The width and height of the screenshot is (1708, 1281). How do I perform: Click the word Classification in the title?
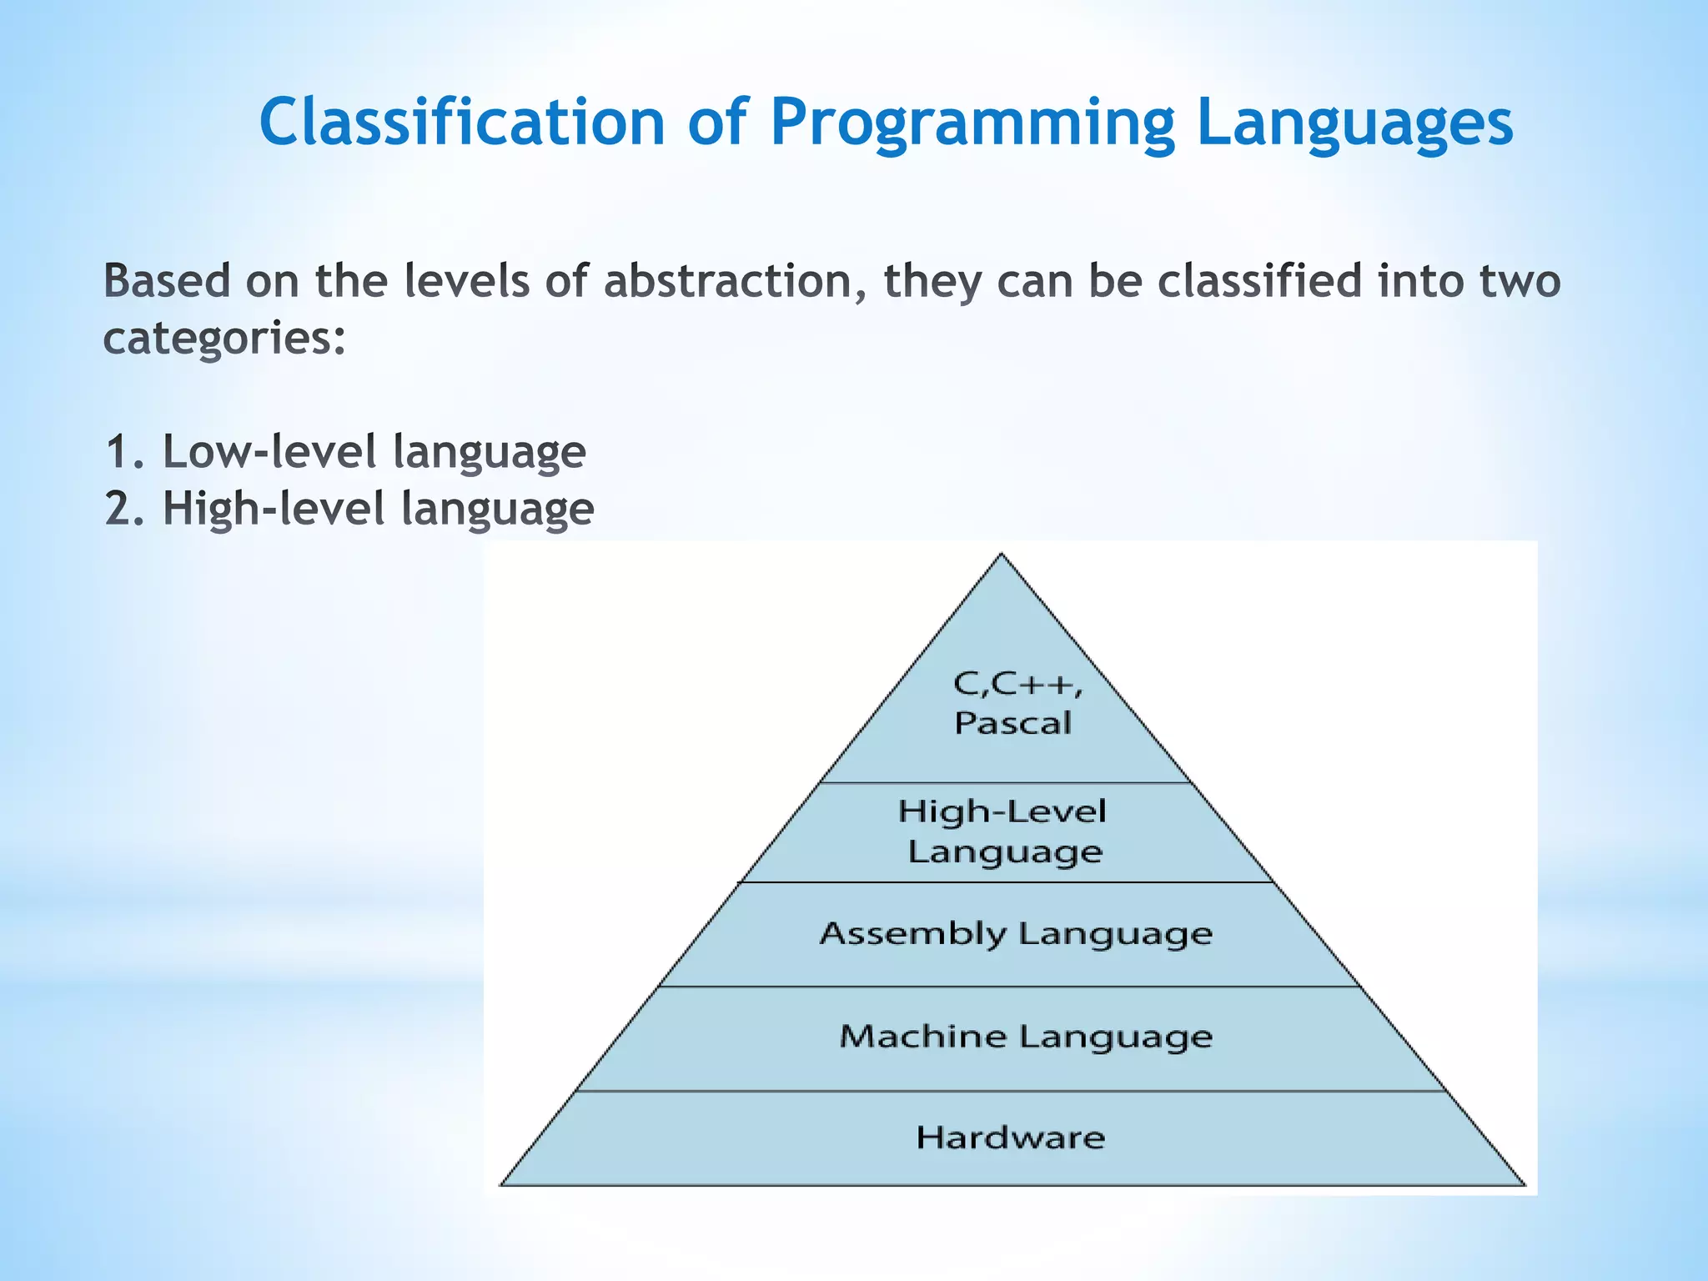point(461,122)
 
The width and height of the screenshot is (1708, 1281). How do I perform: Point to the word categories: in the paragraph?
point(224,339)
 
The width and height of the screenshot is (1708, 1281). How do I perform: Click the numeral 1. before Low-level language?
point(126,452)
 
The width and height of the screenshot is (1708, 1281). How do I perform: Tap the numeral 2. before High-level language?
point(126,509)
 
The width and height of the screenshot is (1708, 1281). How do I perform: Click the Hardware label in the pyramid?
point(1010,1138)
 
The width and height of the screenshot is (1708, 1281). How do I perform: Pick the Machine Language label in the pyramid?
point(1025,1037)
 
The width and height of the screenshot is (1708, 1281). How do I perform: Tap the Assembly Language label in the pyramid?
point(1015,933)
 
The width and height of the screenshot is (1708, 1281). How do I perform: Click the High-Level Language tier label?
point(1003,831)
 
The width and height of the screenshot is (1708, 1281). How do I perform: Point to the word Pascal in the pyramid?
point(1012,722)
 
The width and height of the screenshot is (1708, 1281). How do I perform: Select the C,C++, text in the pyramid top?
point(1017,685)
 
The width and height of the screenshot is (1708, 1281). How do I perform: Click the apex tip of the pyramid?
point(1002,555)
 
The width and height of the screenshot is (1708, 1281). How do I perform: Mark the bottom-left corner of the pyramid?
point(501,1183)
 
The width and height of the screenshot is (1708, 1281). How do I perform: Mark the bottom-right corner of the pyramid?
point(1524,1183)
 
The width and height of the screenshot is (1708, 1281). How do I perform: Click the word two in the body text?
point(1520,280)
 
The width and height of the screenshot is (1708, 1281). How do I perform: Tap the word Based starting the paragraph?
point(166,280)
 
